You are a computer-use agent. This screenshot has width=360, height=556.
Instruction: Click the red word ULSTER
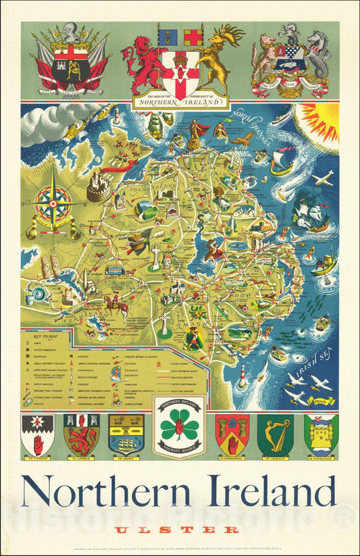click(176, 530)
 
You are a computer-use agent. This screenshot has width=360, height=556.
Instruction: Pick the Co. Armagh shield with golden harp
click(275, 434)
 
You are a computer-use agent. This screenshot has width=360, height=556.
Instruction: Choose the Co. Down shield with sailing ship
click(126, 434)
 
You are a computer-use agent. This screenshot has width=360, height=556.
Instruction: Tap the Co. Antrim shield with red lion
click(81, 434)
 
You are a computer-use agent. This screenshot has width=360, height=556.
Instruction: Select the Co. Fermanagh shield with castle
click(321, 434)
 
